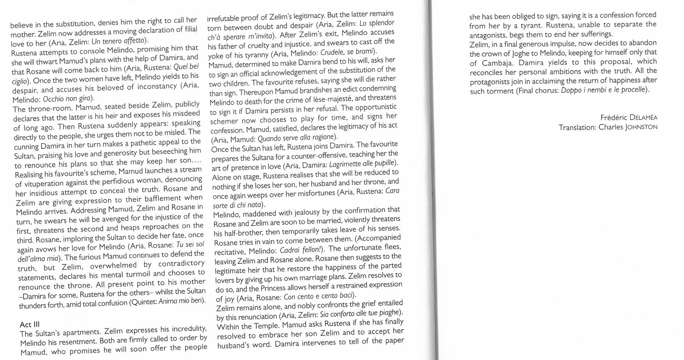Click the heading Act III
coord(30,324)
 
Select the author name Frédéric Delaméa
coord(629,118)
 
